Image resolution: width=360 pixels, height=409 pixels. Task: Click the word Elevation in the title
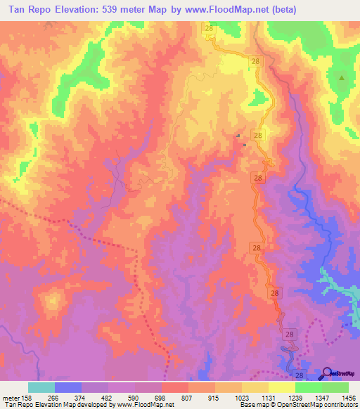pos(75,9)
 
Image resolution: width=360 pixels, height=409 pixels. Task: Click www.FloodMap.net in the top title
pos(231,9)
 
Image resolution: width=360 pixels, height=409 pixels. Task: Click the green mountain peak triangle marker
pos(342,78)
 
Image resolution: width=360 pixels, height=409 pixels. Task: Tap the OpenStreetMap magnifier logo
pos(327,372)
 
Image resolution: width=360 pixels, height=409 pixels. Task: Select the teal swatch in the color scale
pos(41,387)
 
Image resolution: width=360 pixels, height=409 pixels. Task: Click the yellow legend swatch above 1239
pos(282,387)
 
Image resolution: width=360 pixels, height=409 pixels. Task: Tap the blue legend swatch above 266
pos(68,387)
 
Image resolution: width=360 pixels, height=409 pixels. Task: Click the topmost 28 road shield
pos(209,27)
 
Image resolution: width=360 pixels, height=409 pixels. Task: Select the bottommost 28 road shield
pos(300,377)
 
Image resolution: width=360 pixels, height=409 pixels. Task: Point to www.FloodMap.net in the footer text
pos(141,405)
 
